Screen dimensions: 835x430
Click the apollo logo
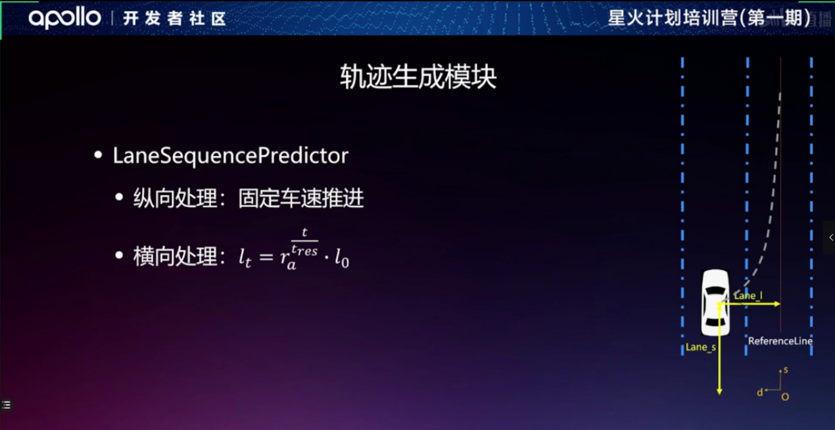click(64, 18)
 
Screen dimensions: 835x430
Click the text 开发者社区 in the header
click(174, 18)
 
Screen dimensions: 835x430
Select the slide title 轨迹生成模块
click(418, 77)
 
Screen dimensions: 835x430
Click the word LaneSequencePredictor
click(230, 156)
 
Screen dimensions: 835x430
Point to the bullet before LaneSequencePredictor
click(98, 155)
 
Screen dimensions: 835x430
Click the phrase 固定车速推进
click(301, 198)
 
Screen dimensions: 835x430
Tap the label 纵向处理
click(175, 198)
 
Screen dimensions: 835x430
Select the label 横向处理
click(175, 256)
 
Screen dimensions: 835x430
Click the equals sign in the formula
click(266, 256)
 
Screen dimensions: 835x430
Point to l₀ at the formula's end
click(342, 258)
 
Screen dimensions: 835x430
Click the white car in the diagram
click(715, 302)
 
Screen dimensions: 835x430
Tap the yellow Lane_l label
click(748, 296)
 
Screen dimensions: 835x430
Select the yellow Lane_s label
click(701, 347)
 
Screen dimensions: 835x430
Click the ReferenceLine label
click(780, 341)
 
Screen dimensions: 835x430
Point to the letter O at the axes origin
click(785, 397)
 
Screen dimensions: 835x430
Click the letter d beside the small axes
click(759, 393)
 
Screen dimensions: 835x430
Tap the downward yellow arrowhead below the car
click(719, 391)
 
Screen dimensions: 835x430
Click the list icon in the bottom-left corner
click(7, 404)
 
